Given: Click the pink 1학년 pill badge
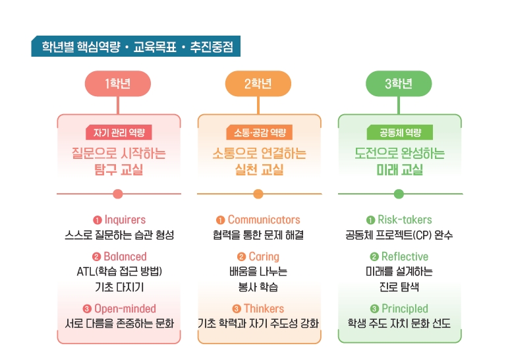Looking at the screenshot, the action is click(x=118, y=84).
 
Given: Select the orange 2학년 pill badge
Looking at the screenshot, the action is click(x=258, y=84).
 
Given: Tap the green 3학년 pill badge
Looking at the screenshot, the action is click(x=399, y=84).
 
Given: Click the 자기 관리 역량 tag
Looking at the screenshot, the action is click(x=119, y=133).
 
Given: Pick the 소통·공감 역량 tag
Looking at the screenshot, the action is click(x=259, y=133).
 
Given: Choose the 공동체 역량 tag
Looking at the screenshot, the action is click(x=400, y=133).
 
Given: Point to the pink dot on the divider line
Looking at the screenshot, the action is click(x=117, y=194).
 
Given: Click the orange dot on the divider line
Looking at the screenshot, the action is click(x=258, y=194).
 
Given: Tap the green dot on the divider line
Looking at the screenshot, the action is click(x=399, y=194).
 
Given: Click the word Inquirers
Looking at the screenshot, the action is click(x=125, y=220).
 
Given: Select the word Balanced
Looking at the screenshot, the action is click(x=125, y=256).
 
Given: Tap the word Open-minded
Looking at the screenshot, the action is click(x=125, y=309).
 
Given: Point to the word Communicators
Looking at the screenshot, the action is click(x=264, y=220).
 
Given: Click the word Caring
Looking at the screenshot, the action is click(x=264, y=256).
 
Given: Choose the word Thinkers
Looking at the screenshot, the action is click(x=264, y=309).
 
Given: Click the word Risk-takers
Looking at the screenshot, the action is click(x=405, y=220).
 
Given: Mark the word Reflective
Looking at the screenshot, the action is click(x=405, y=256).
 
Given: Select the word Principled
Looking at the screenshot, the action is click(x=405, y=309).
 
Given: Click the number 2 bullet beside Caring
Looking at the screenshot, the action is click(x=241, y=256).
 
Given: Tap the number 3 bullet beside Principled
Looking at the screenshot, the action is click(x=374, y=309).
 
